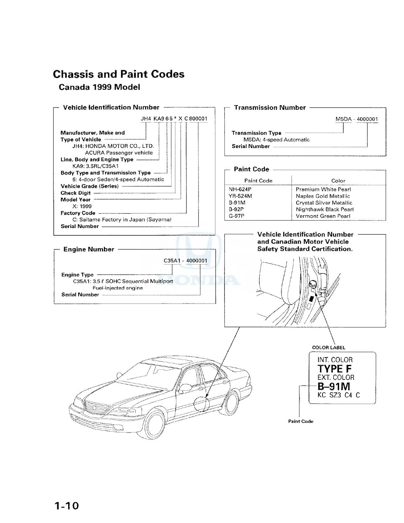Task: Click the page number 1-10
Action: point(66,506)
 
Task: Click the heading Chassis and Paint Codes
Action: point(119,74)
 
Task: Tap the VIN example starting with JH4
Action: point(174,119)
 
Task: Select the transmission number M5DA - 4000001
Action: point(356,119)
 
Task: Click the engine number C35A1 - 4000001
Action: point(185,260)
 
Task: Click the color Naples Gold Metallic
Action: point(323,196)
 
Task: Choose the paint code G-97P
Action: point(236,216)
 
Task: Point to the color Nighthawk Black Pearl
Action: point(325,210)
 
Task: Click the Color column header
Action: point(338,181)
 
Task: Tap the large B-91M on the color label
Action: point(334,386)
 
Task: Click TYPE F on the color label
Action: point(334,369)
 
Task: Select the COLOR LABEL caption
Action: point(328,348)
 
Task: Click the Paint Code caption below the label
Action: point(300,421)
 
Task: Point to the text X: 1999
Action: point(82,206)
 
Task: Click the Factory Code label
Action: point(78,213)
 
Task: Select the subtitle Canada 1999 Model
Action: point(99,87)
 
